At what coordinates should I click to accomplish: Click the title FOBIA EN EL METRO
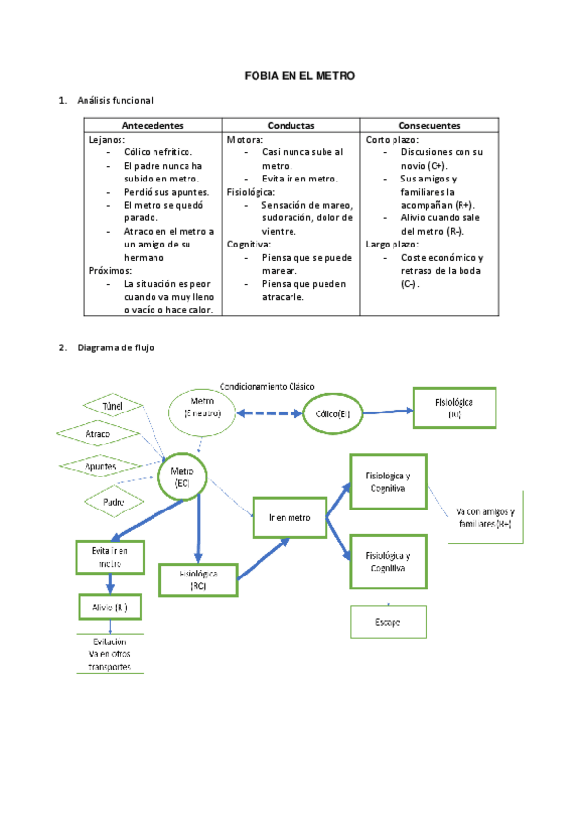point(299,75)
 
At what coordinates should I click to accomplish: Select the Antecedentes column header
point(153,126)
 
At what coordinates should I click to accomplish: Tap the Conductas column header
point(291,126)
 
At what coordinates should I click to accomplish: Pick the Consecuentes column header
point(429,126)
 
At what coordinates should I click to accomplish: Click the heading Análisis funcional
point(115,100)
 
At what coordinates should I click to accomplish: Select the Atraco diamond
point(98,433)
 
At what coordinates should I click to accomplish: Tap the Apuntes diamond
point(101,467)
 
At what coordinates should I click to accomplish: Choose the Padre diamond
point(114,501)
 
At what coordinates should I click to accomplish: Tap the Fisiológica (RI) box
point(454,408)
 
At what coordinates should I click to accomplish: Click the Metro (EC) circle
point(183,477)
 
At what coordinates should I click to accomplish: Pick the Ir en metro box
point(290,518)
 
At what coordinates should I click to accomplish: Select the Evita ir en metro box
point(108,556)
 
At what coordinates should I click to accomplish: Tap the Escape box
point(388,620)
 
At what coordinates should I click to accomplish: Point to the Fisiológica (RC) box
point(197,579)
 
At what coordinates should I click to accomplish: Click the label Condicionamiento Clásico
point(267,386)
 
